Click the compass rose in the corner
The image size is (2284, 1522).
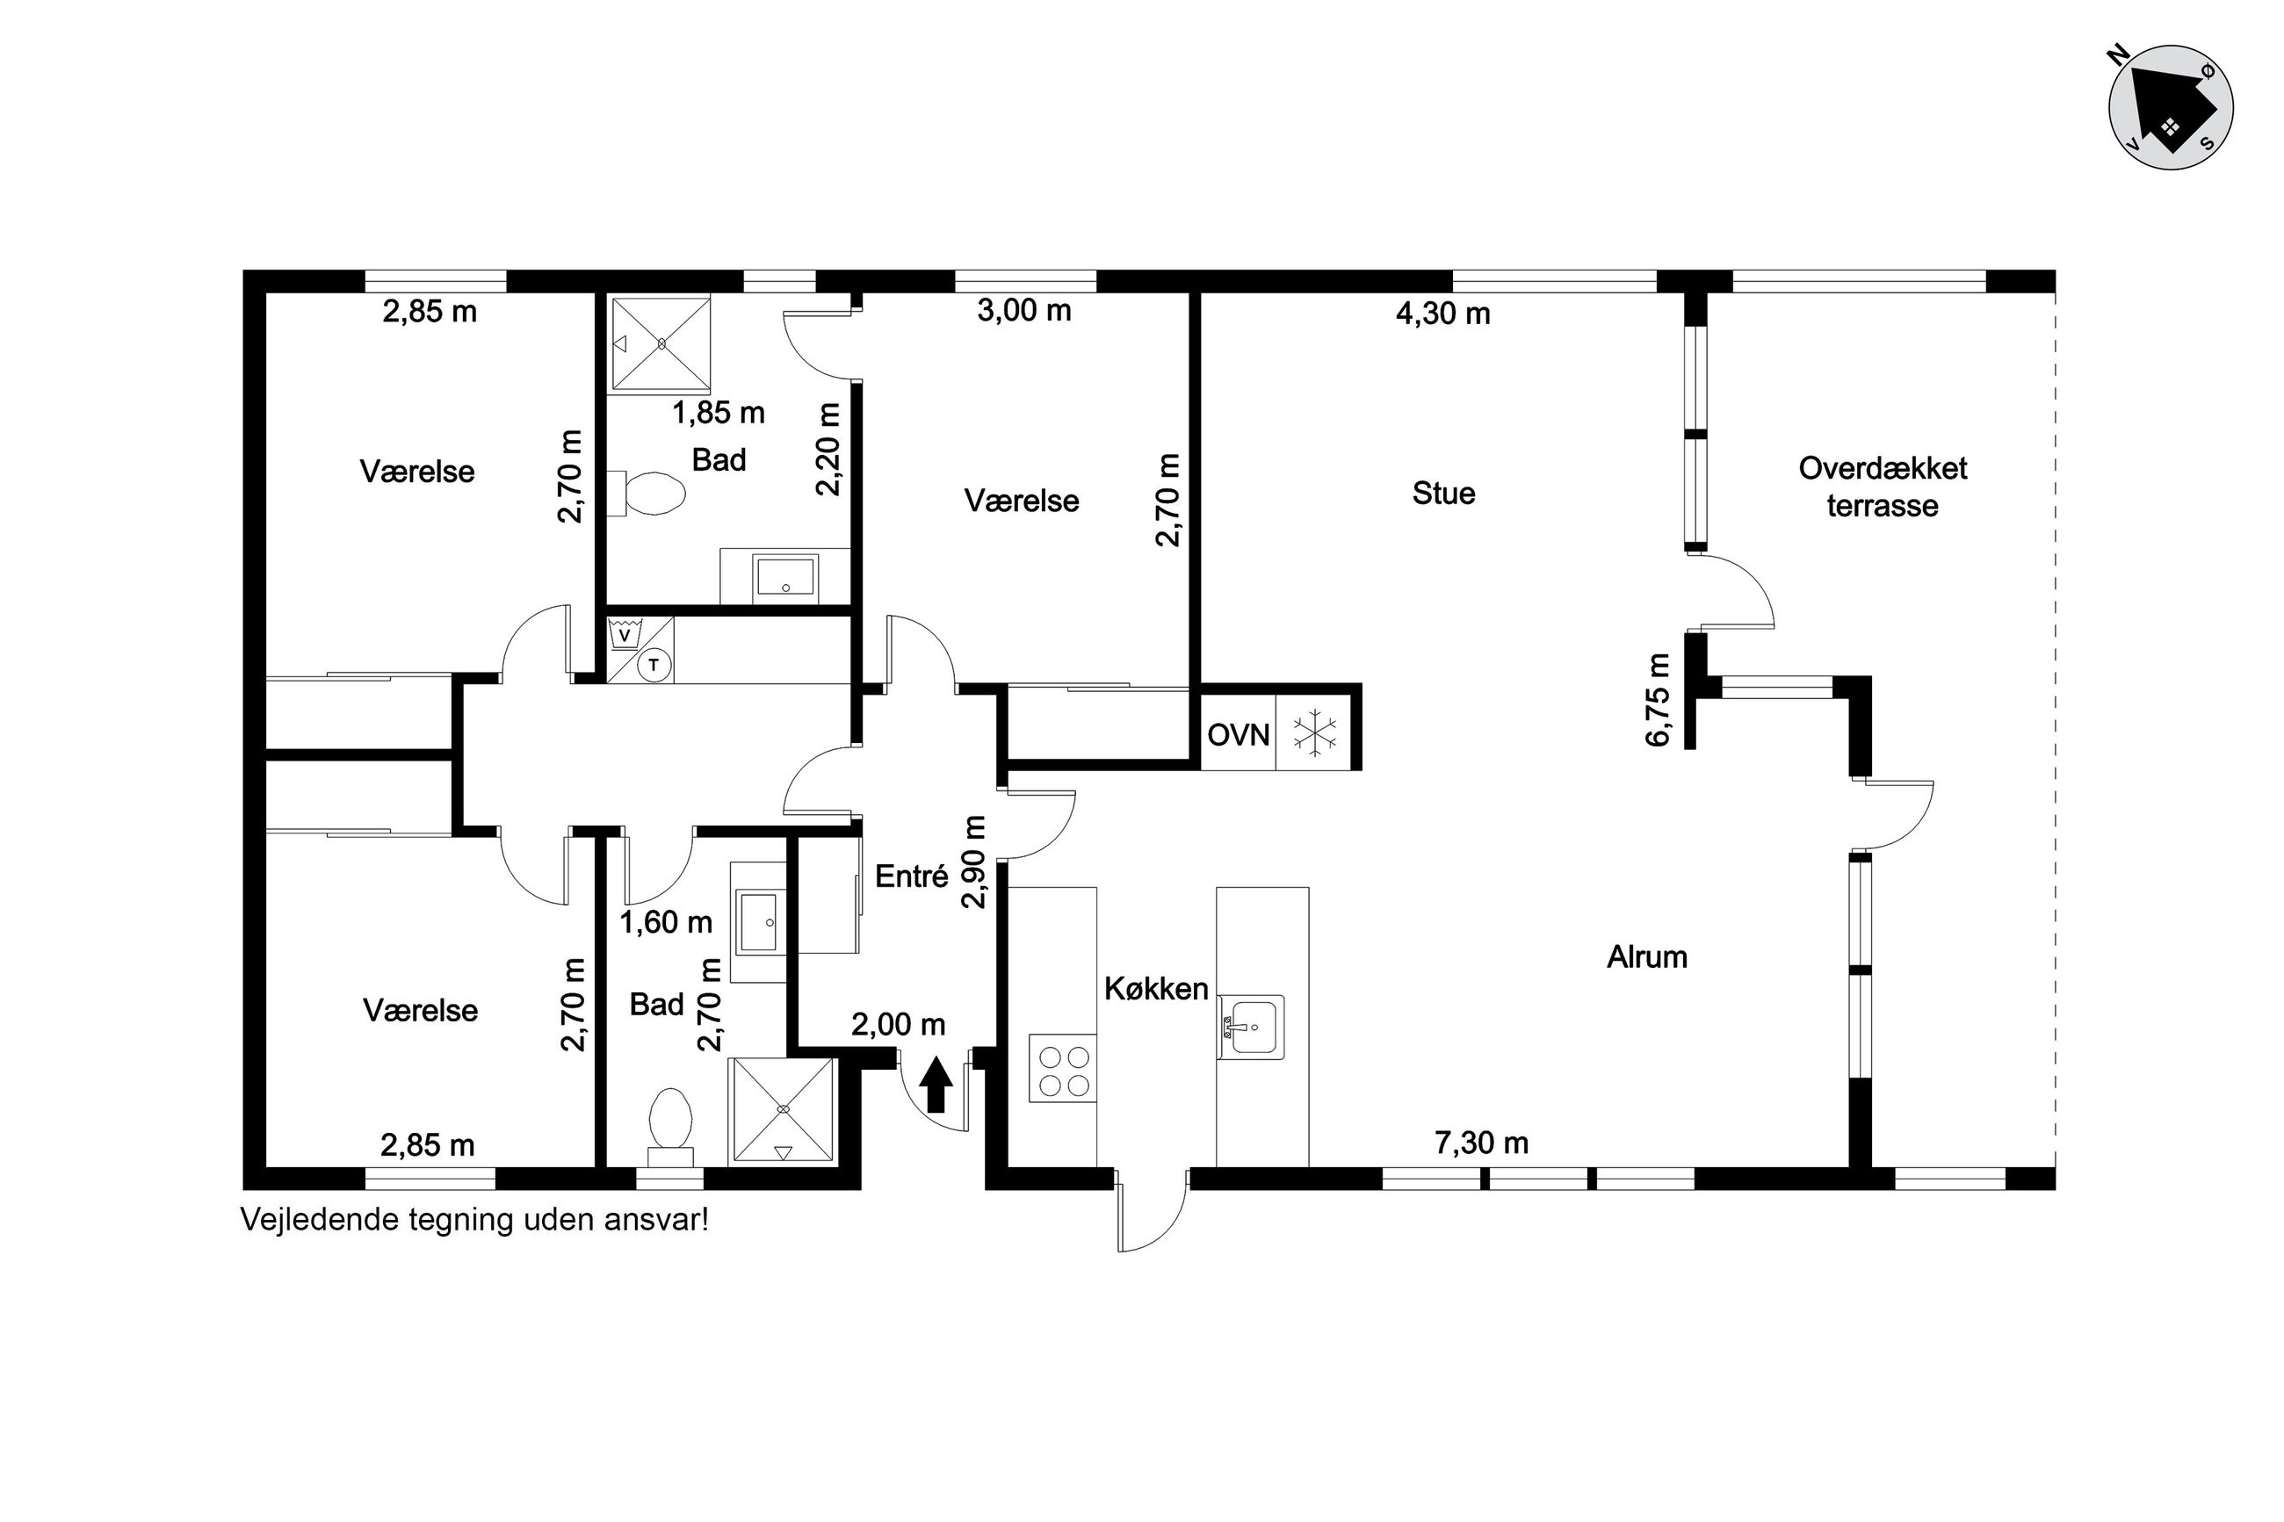pos(2171,108)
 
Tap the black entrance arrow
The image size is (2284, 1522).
pos(936,1085)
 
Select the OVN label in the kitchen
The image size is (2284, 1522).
pos(1238,735)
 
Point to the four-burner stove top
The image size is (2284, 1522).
pos(1062,1068)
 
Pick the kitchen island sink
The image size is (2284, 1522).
pos(1252,1026)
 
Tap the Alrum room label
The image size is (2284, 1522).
pos(1646,957)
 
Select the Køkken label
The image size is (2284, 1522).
pos(1156,988)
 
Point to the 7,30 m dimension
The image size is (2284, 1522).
pos(1481,1143)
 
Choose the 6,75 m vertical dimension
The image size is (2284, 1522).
pos(1658,699)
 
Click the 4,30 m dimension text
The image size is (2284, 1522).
pos(1442,314)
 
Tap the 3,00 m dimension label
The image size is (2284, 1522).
pos(1024,311)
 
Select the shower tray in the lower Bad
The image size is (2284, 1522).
pos(783,1109)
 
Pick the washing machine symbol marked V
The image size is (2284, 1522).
pos(625,634)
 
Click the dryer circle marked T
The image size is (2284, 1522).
pos(654,665)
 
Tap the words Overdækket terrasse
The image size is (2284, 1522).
pos(1883,487)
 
